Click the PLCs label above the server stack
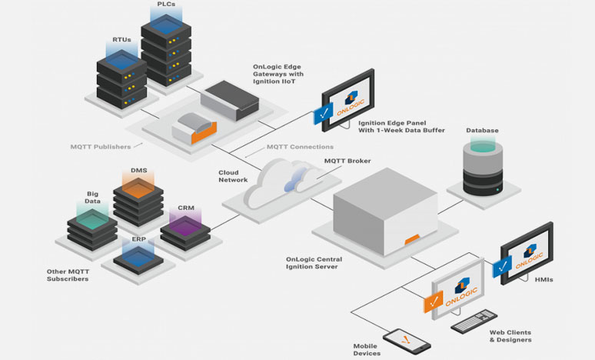(166, 4)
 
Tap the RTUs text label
(121, 39)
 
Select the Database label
(482, 130)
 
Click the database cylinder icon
(483, 169)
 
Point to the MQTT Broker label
(347, 161)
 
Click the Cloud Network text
(233, 176)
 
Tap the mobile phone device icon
(407, 342)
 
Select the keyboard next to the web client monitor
(474, 322)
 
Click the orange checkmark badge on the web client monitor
(434, 302)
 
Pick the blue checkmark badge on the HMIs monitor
(502, 267)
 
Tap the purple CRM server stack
(185, 233)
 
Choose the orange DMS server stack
(138, 202)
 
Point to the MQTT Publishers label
(101, 147)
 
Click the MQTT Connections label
(300, 147)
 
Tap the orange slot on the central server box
(412, 240)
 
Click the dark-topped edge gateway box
(230, 100)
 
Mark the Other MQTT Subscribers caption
(68, 275)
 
